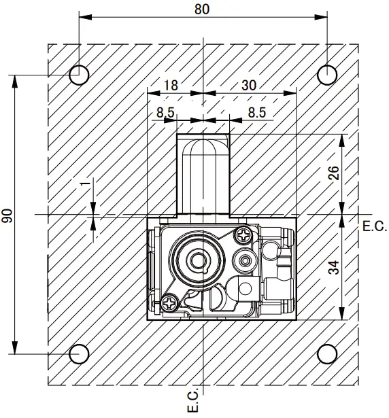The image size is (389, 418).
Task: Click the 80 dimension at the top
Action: tap(203, 9)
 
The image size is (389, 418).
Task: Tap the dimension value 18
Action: tap(171, 85)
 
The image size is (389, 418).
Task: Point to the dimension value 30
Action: tap(249, 85)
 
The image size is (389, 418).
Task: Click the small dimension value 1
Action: tap(84, 185)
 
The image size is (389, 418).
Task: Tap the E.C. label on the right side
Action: tap(374, 225)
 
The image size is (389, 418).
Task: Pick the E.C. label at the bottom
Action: tap(193, 401)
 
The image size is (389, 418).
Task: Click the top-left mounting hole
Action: tap(79, 74)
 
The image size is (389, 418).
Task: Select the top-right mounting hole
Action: tap(327, 74)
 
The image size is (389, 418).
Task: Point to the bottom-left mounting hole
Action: tap(79, 353)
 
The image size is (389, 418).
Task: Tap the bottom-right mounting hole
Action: tap(327, 353)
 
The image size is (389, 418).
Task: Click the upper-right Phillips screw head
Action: tap(243, 236)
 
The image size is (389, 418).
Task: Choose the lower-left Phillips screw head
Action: tap(167, 301)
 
